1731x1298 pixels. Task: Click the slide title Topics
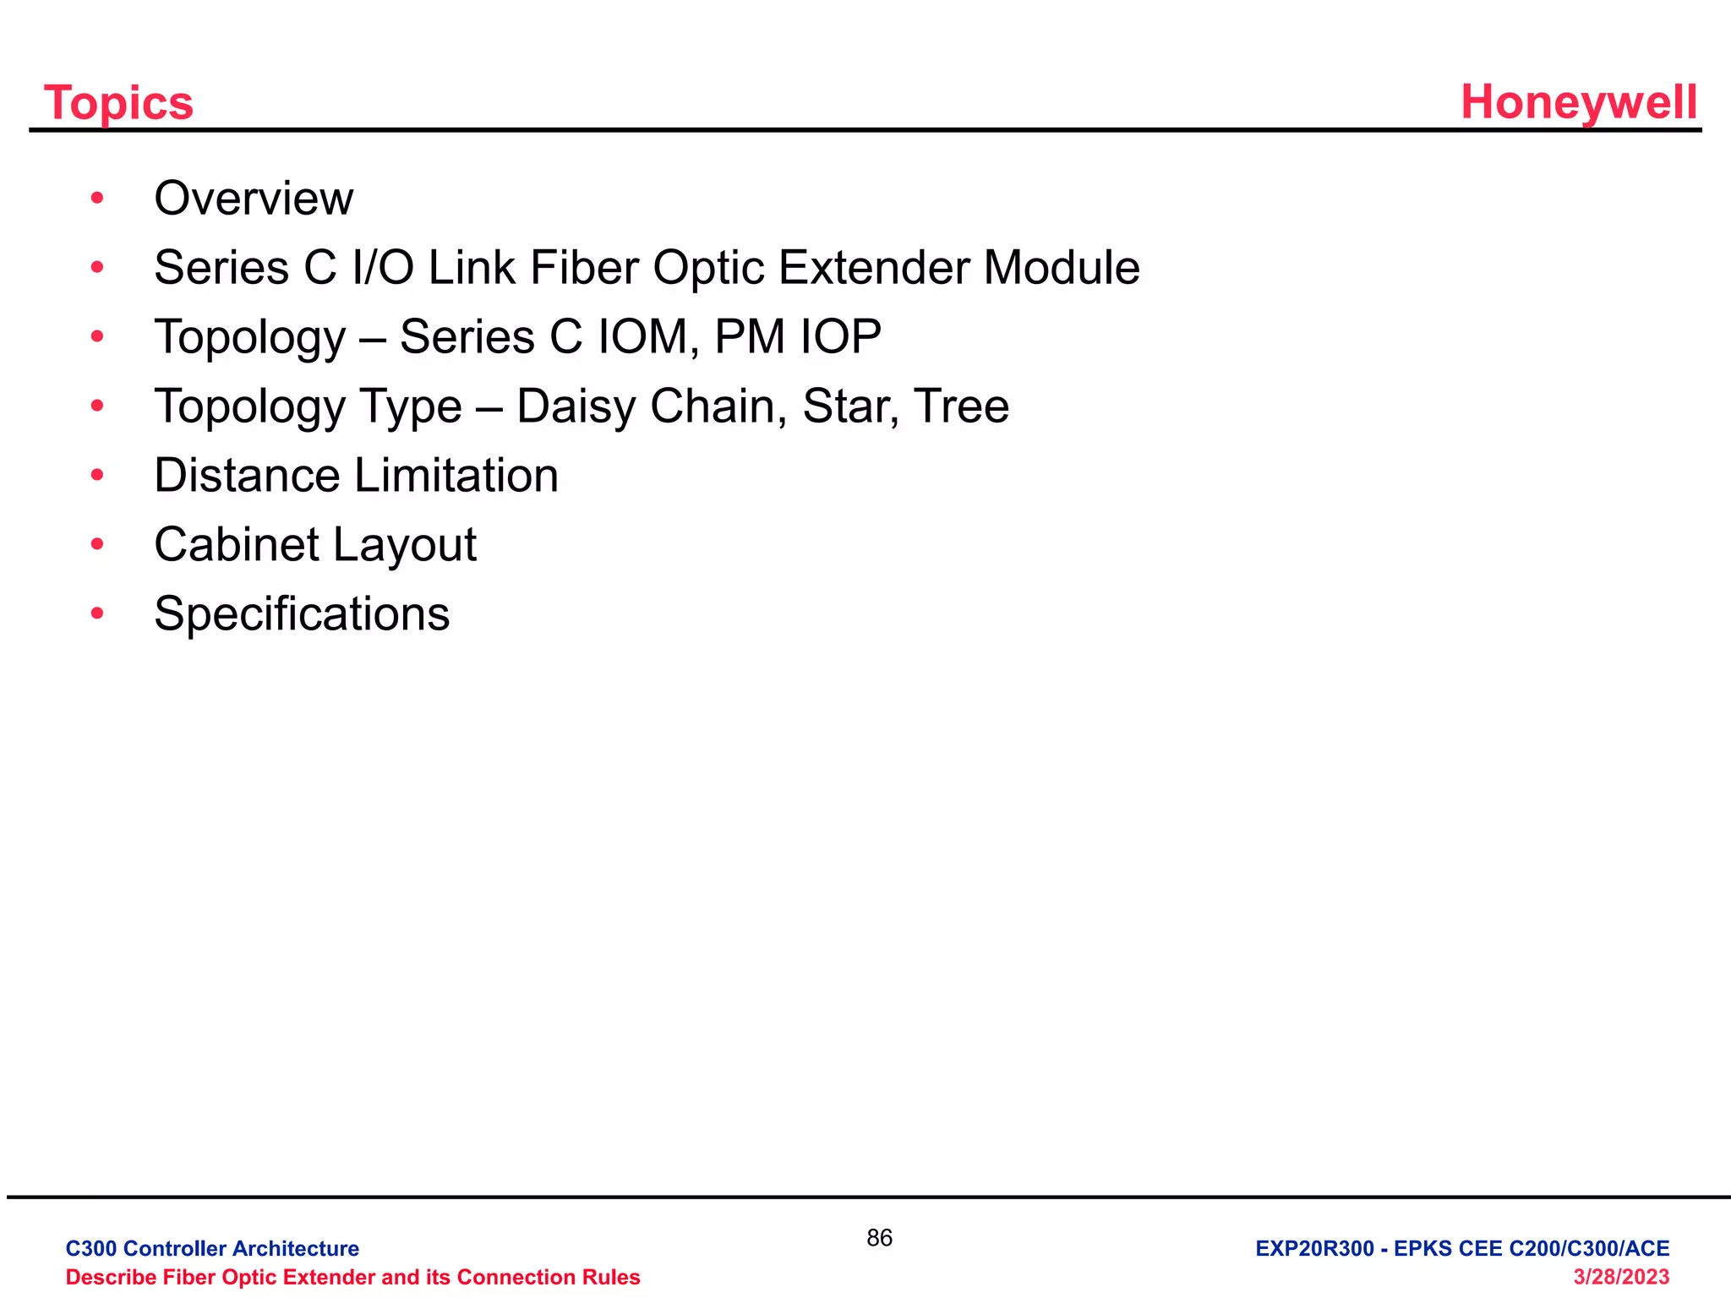click(x=118, y=103)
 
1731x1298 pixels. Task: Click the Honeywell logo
click(x=1579, y=102)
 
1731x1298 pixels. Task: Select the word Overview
click(x=254, y=199)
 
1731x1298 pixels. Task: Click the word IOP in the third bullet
click(x=840, y=337)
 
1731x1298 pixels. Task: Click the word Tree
click(x=962, y=406)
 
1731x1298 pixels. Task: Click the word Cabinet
click(x=237, y=545)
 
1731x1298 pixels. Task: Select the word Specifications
click(x=302, y=614)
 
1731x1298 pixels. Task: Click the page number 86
click(x=879, y=1238)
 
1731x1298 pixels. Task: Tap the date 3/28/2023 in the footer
click(x=1621, y=1277)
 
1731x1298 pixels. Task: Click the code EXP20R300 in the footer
click(x=1314, y=1249)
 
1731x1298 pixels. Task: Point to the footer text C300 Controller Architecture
click(x=212, y=1249)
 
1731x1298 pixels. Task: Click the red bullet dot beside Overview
click(x=97, y=199)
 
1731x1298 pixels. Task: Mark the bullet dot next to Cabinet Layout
click(x=97, y=545)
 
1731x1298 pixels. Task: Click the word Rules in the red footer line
click(x=614, y=1277)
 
